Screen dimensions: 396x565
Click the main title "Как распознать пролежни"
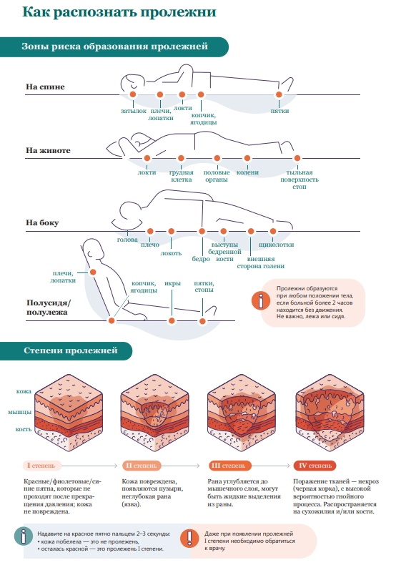119,12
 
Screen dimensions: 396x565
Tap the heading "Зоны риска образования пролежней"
114,46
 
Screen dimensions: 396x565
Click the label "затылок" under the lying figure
133,111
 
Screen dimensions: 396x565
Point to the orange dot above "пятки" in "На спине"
278,95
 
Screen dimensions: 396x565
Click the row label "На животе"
48,150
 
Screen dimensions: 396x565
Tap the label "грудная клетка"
182,176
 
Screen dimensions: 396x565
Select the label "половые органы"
217,176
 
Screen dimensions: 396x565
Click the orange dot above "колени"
247,158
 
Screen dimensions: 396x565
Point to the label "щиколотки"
277,245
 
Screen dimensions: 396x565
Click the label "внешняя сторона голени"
261,262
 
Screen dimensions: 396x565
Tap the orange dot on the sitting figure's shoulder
93,272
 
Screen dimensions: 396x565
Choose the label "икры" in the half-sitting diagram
172,283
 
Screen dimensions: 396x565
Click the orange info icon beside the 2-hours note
261,300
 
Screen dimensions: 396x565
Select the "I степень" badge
41,466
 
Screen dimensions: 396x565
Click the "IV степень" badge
315,466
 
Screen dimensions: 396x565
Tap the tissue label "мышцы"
20,412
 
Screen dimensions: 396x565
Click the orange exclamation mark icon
189,538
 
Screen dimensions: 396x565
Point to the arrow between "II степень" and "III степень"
181,466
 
